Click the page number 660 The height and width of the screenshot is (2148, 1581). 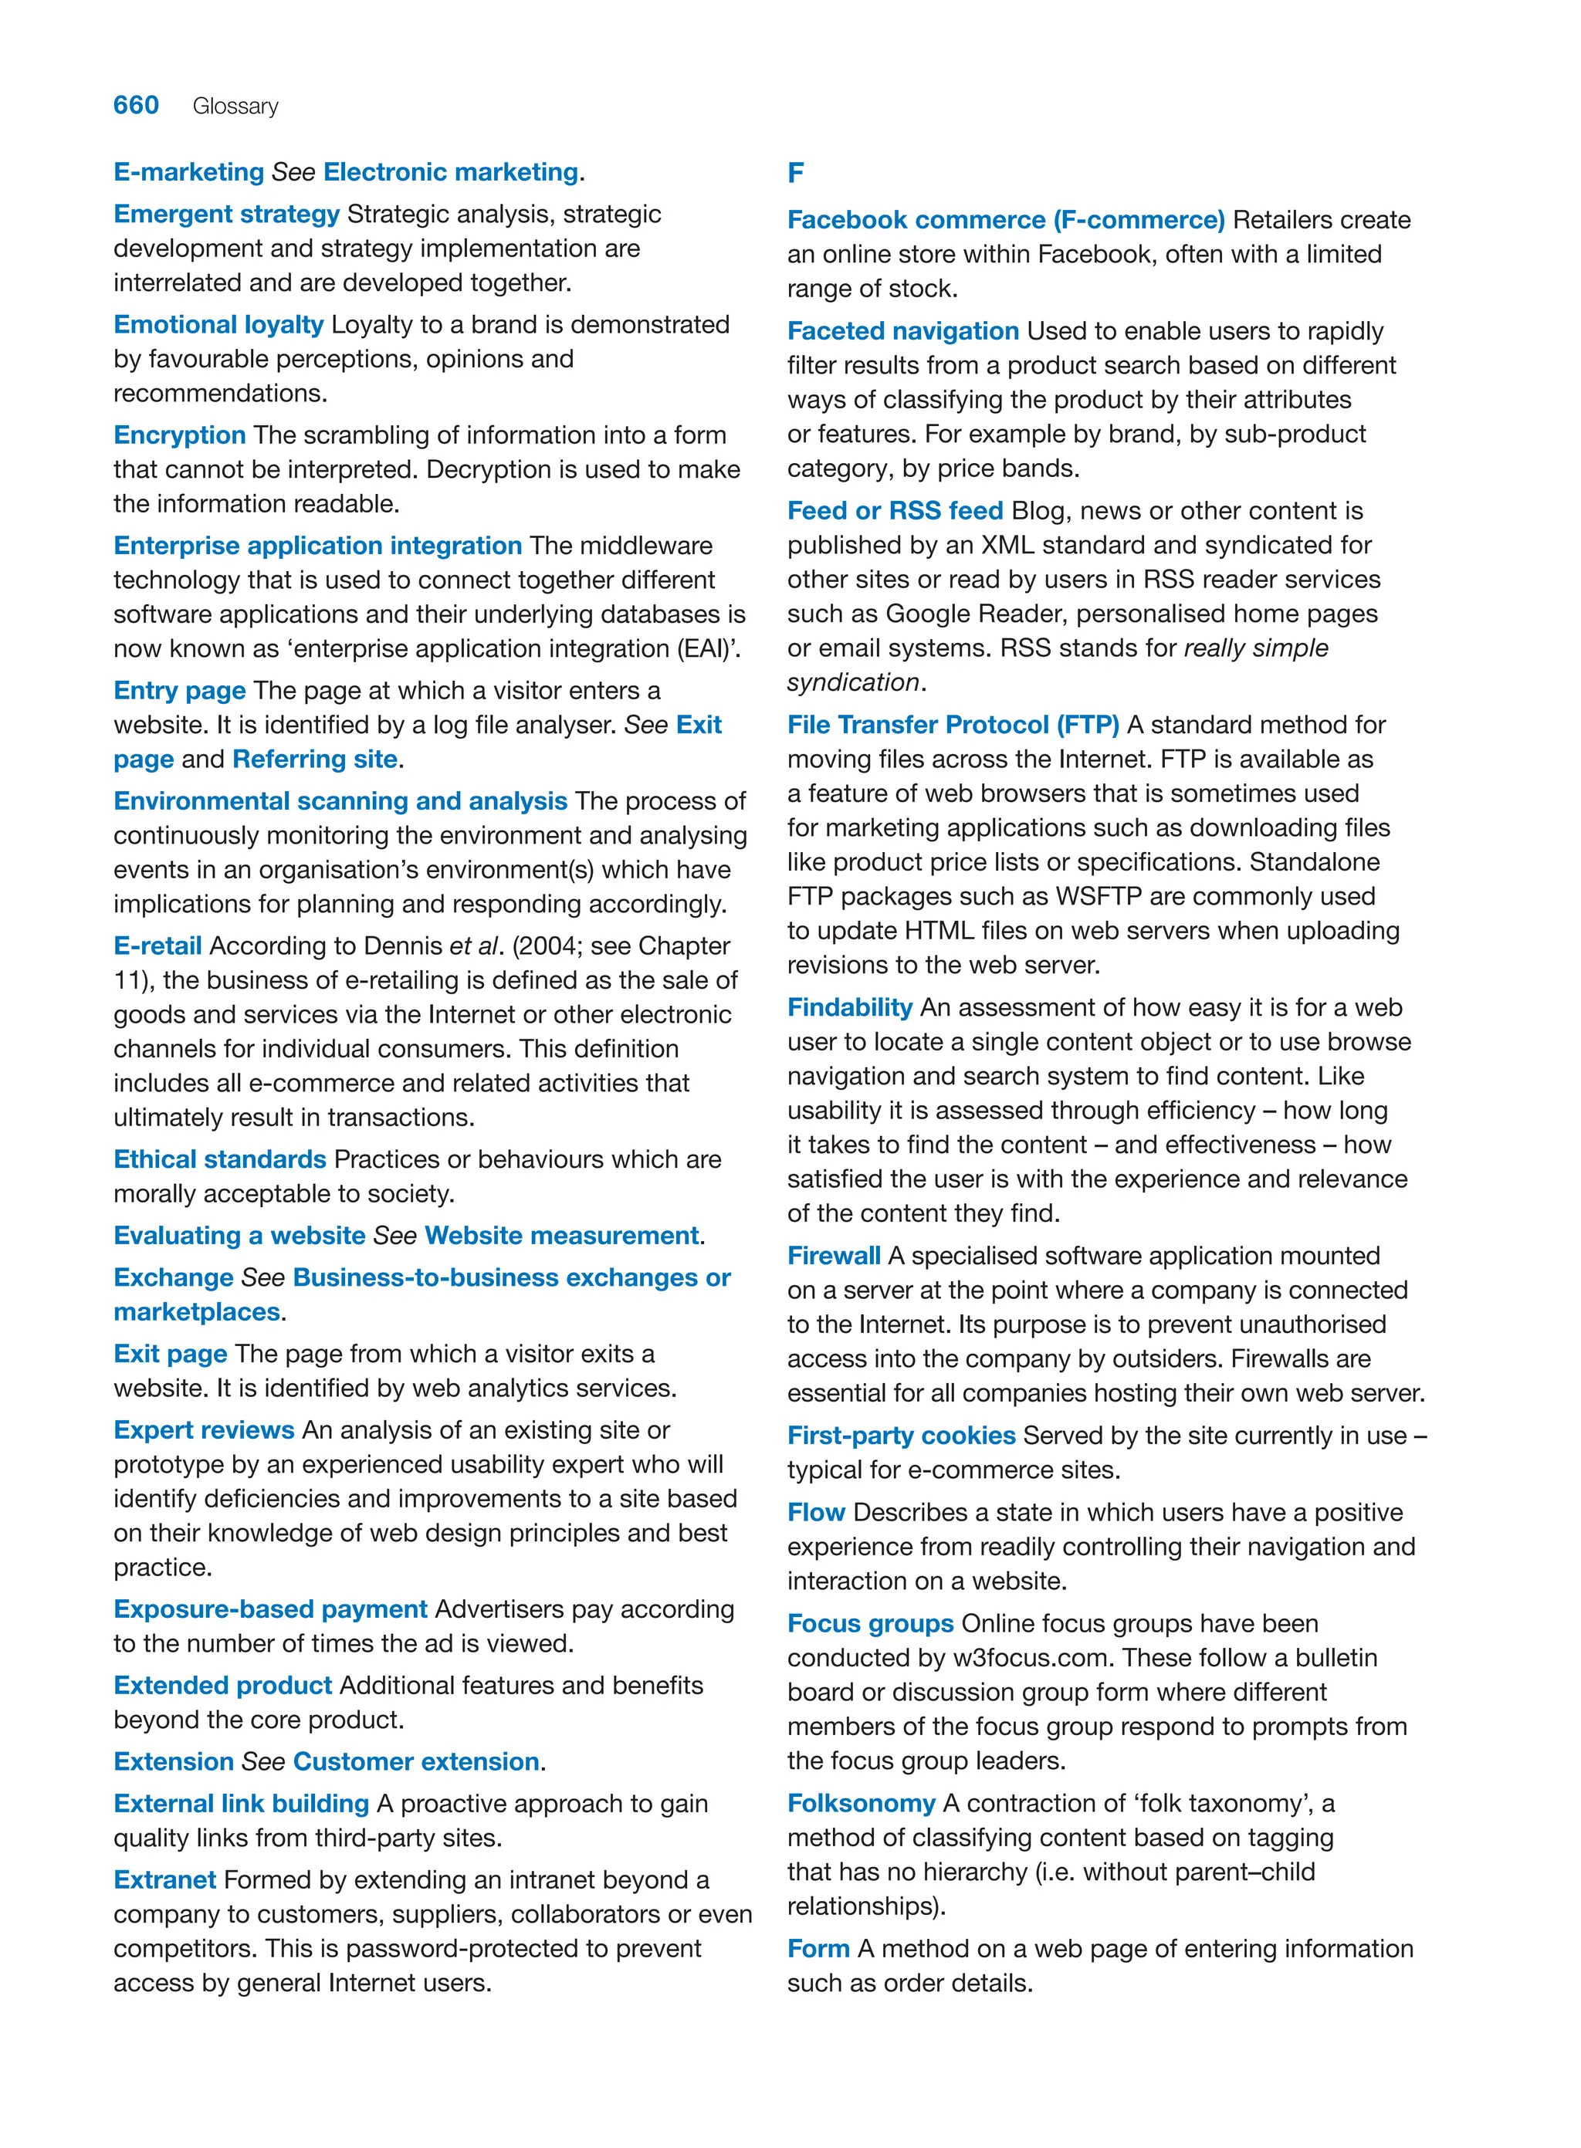(x=136, y=105)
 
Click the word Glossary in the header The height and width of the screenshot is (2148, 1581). (x=235, y=107)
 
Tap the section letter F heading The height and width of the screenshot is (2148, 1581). (x=795, y=173)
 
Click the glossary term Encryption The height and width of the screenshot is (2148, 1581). (x=180, y=435)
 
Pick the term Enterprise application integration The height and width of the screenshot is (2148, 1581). (x=318, y=546)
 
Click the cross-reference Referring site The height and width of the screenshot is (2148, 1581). (x=315, y=759)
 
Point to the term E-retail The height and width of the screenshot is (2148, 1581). (x=157, y=945)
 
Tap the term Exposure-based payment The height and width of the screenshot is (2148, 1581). (x=270, y=1609)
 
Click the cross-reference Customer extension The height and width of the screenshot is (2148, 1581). (x=416, y=1761)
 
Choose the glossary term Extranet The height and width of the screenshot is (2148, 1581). (x=164, y=1879)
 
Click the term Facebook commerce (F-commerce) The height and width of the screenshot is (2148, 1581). (x=1006, y=219)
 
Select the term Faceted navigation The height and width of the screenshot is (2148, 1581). (x=902, y=330)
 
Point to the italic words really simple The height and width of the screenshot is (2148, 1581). (x=1255, y=648)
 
